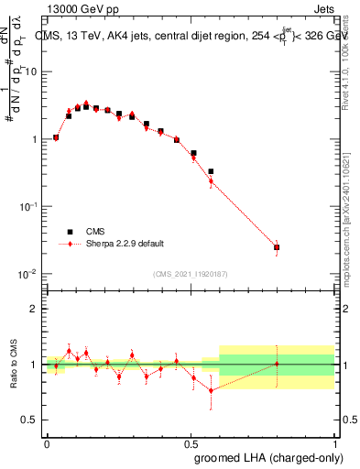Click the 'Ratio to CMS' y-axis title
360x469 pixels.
click(13, 364)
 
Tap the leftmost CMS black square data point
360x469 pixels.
click(56, 137)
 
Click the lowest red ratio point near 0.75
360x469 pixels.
click(211, 390)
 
